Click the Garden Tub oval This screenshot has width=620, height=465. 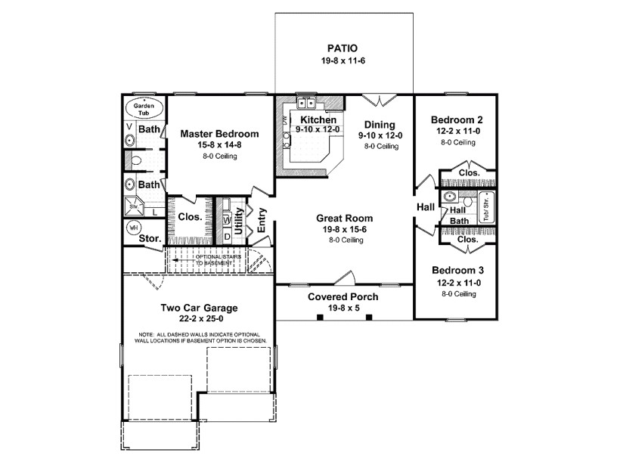pos(144,107)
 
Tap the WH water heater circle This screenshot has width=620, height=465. pos(133,228)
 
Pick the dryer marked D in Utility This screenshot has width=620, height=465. pos(227,236)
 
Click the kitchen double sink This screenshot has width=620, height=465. pos(307,104)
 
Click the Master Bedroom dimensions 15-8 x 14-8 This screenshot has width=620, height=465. pos(219,145)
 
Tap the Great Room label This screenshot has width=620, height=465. pos(345,219)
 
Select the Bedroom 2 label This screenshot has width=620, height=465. pos(457,119)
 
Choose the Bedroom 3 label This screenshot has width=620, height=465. pos(457,271)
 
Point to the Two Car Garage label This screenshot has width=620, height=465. pos(199,308)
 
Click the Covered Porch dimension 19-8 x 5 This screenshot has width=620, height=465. pos(344,308)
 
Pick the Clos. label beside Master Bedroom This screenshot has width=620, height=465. pos(189,217)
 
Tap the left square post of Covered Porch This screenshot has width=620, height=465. pos(319,317)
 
